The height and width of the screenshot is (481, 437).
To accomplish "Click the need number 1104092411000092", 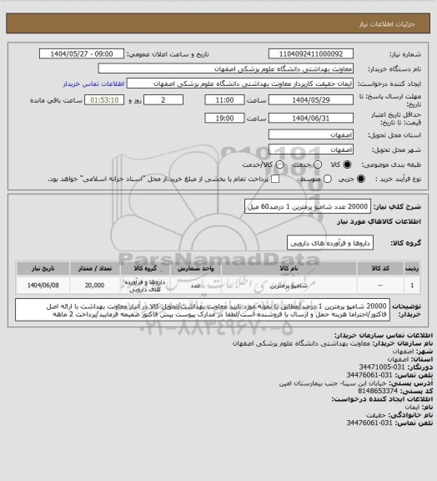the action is point(312,53).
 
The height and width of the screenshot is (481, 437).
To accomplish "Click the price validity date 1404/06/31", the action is point(312,119).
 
